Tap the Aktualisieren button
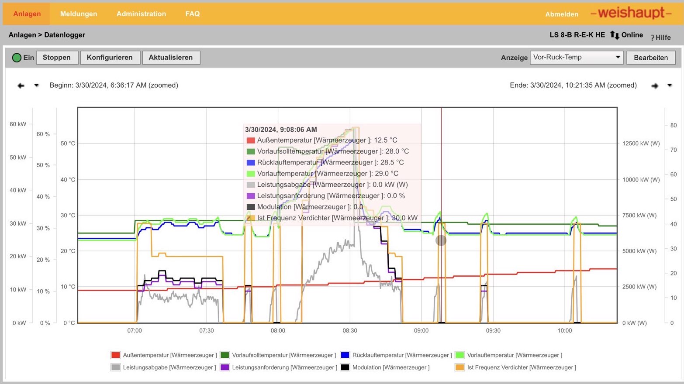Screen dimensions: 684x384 pyautogui.click(x=171, y=58)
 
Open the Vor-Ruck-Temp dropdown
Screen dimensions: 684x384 pyautogui.click(x=577, y=57)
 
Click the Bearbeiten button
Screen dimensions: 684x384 pyautogui.click(x=651, y=58)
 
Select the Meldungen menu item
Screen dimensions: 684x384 pyautogui.click(x=79, y=14)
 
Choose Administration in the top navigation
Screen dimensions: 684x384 pyautogui.click(x=141, y=14)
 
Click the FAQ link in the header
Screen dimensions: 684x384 pyautogui.click(x=192, y=14)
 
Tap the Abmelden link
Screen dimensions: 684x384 pyautogui.click(x=562, y=14)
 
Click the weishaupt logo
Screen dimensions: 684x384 pyautogui.click(x=631, y=13)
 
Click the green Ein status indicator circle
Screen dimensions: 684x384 pyautogui.click(x=17, y=58)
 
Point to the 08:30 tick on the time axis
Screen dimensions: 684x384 pyautogui.click(x=349, y=331)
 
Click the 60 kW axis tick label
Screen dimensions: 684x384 pyautogui.click(x=18, y=124)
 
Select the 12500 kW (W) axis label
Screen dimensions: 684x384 pyautogui.click(x=641, y=144)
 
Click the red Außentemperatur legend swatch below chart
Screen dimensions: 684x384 pyautogui.click(x=115, y=355)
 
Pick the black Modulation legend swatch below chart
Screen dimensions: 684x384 pyautogui.click(x=345, y=367)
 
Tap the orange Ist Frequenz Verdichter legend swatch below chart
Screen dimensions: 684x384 pyautogui.click(x=459, y=367)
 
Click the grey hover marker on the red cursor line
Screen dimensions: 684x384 pyautogui.click(x=441, y=240)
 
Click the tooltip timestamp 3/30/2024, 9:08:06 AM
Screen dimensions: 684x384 pyautogui.click(x=281, y=130)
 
